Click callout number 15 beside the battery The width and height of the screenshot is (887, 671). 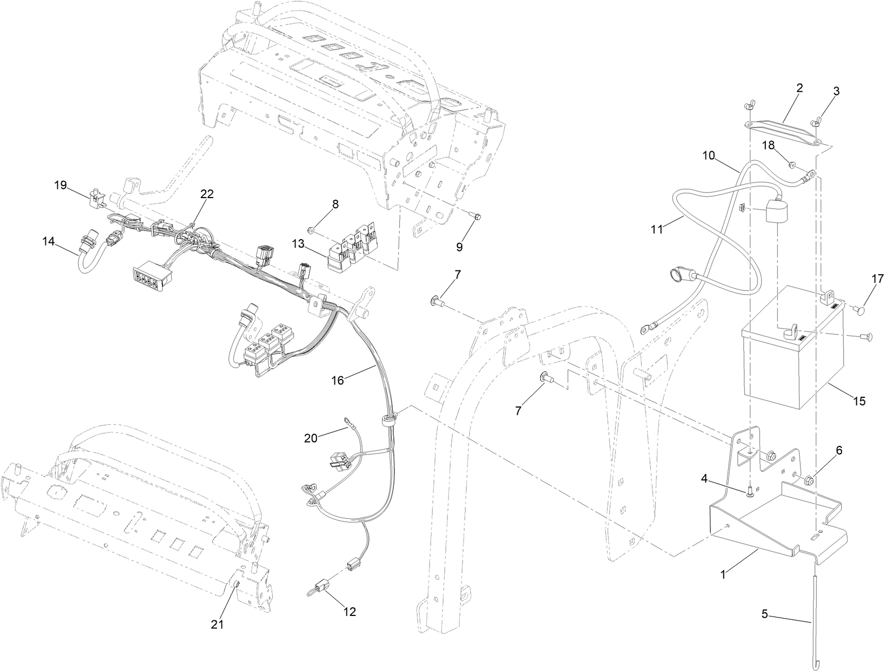click(x=859, y=401)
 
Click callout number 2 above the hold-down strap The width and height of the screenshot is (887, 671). click(x=799, y=89)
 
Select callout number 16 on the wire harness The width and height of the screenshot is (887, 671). click(x=337, y=380)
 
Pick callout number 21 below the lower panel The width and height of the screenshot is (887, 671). click(x=217, y=624)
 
